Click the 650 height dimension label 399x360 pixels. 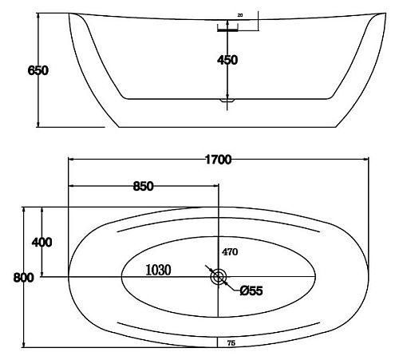coord(38,70)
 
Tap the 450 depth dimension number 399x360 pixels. coord(227,60)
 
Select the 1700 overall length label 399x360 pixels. coord(219,160)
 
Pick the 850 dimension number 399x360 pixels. coord(144,186)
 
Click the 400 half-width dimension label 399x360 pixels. coord(41,242)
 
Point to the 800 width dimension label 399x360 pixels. coord(24,278)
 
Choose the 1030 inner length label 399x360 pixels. coord(158,270)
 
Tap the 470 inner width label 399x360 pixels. coord(230,251)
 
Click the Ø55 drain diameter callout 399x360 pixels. coord(251,291)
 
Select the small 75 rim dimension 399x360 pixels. coord(231,343)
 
